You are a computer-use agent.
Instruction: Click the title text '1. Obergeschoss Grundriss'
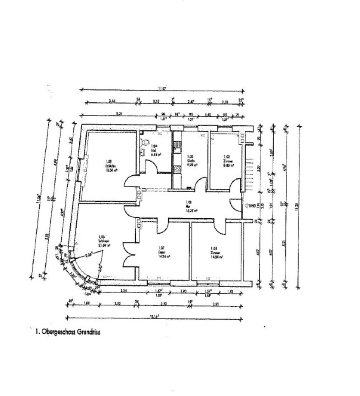(68, 331)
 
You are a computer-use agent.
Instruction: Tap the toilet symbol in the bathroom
(145, 142)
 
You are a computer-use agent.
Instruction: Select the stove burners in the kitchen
(177, 169)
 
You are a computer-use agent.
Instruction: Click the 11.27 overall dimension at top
(162, 87)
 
